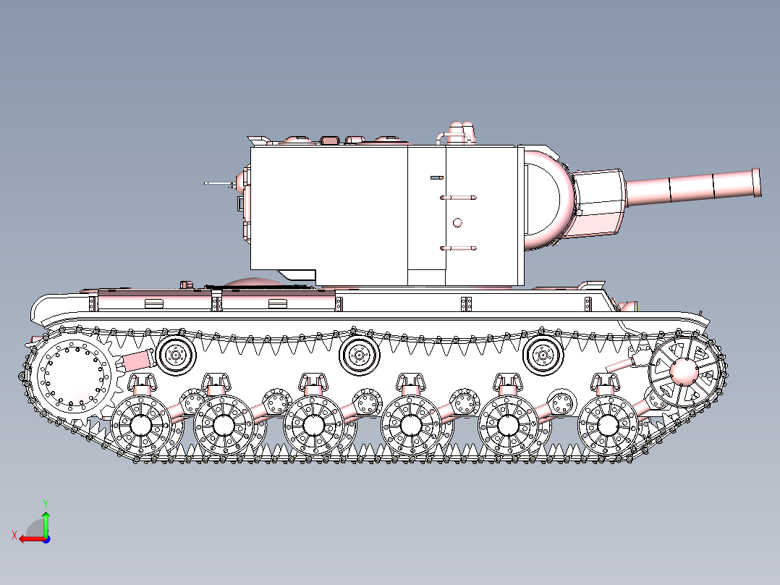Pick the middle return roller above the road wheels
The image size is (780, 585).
click(x=358, y=355)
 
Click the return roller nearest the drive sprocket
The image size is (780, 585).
click(x=175, y=355)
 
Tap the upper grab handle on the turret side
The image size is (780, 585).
click(x=457, y=197)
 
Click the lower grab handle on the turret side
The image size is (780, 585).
click(x=457, y=248)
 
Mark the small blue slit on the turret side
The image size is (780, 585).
click(x=436, y=177)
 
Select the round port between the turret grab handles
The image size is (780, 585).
click(x=457, y=222)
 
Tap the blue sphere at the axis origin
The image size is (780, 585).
click(x=46, y=539)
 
